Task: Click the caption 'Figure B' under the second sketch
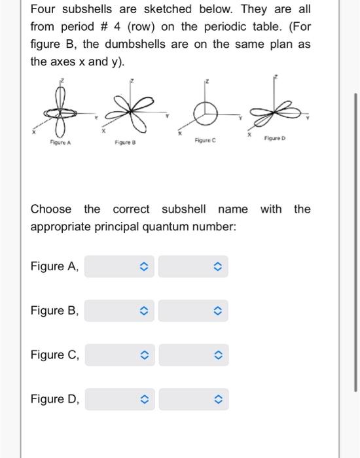[124, 141]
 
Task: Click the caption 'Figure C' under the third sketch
[206, 140]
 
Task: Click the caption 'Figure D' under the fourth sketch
[275, 138]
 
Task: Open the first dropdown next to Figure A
[119, 266]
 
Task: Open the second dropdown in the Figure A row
[193, 266]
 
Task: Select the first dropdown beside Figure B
[119, 311]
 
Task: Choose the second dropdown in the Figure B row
[193, 311]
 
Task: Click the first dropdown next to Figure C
[119, 355]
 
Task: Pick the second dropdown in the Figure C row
[193, 355]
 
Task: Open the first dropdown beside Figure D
[119, 399]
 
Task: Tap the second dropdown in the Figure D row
[193, 399]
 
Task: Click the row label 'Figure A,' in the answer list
[55, 266]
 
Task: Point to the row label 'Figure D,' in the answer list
[55, 399]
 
